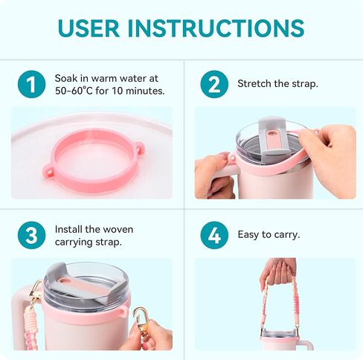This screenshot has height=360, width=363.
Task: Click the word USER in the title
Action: coord(89,28)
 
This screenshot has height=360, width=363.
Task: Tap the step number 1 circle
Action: coord(31,84)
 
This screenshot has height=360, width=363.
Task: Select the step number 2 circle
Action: coord(214,84)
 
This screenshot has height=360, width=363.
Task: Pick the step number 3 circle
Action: coord(31,235)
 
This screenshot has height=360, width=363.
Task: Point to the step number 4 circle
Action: coord(214,235)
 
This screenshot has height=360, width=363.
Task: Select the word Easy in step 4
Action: coord(248,235)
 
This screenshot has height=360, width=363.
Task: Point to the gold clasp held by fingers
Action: coord(141,320)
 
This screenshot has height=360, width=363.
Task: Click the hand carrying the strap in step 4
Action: coord(277,273)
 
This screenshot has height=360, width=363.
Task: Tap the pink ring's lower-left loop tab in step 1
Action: coord(49,170)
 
